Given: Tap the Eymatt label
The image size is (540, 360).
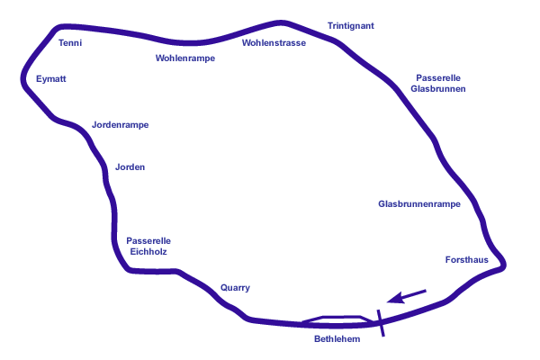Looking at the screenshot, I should [51, 79].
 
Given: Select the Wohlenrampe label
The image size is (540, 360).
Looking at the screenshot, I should [185, 57].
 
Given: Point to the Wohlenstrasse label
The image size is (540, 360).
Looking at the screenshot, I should [274, 42].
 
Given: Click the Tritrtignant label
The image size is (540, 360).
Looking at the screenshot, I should [350, 25].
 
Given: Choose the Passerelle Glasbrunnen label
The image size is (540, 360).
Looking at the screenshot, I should [437, 83].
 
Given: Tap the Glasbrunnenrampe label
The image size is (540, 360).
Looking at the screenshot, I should [419, 204].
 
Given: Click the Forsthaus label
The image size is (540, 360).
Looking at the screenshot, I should [466, 259].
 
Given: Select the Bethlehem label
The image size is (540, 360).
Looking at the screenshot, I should [337, 339].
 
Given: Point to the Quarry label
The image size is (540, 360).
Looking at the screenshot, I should [235, 288].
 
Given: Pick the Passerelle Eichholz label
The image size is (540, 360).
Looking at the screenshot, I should [148, 245].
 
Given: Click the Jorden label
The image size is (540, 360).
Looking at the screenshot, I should [130, 167].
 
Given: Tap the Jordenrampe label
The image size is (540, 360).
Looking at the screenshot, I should [120, 124].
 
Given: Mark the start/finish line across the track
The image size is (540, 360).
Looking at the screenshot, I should [382, 321].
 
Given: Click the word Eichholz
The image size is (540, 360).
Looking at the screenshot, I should [148, 250].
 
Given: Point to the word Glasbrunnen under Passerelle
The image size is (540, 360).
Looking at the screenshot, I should [437, 88].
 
